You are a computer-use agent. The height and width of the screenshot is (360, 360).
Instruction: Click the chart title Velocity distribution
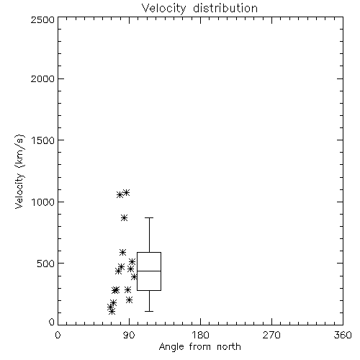199,8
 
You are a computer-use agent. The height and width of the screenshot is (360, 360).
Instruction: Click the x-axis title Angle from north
199,346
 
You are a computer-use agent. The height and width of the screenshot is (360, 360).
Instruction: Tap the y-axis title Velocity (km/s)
19,171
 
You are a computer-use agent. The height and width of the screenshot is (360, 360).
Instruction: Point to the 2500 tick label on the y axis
42,19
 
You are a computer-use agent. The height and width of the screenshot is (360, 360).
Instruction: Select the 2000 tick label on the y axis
42,78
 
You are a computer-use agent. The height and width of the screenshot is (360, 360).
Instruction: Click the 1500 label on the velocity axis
43,140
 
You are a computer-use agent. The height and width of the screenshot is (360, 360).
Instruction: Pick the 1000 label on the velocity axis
43,202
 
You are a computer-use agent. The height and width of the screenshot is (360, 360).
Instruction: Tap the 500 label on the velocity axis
46,264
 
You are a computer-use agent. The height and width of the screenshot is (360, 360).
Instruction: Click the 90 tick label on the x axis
129,335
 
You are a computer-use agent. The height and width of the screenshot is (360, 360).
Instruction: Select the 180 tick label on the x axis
200,335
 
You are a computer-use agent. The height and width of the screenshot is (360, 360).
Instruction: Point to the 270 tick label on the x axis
271,335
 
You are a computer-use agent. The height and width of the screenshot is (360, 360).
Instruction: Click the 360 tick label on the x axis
343,335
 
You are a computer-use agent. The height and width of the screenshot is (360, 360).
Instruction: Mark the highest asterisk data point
126,192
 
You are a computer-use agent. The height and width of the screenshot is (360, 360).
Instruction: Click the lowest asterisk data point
112,312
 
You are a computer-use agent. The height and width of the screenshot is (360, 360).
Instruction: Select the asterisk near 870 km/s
124,218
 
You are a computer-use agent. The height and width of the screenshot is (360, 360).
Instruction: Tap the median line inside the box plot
149,271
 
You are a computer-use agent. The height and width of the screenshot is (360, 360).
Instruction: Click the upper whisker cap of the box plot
149,217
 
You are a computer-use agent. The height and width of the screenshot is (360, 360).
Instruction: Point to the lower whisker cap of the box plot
149,311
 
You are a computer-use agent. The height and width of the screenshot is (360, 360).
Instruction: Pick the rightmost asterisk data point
134,276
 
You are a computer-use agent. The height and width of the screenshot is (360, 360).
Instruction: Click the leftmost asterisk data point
110,307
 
